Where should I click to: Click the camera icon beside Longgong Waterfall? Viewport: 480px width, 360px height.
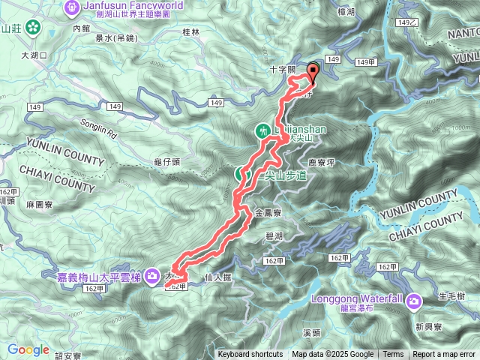415,301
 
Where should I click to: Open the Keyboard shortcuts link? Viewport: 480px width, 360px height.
250,355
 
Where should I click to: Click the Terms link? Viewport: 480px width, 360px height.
393,355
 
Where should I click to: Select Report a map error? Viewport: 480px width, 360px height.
445,355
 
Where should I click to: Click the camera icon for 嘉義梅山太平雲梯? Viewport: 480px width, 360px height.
152,276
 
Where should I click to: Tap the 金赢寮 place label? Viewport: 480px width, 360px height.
267,213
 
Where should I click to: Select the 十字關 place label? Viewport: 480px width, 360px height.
283,69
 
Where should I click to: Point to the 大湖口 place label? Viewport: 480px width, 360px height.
34,55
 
